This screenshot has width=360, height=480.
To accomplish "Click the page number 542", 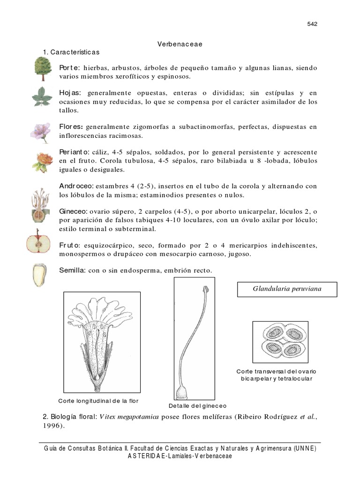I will click(x=312, y=24).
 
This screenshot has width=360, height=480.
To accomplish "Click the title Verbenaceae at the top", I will click(x=180, y=44).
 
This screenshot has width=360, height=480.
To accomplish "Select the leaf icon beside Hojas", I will click(x=42, y=96).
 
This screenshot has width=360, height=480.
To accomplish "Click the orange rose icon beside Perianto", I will click(x=41, y=162).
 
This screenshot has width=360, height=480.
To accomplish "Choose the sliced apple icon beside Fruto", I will click(x=38, y=243).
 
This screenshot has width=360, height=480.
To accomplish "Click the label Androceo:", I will click(x=77, y=186).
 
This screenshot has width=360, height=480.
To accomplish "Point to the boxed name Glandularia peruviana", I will click(x=287, y=289).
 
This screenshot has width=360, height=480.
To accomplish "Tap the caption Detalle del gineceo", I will click(x=197, y=405).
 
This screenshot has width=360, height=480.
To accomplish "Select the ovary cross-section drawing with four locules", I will click(x=280, y=342).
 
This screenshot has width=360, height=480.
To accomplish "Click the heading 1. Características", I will click(x=71, y=52).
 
